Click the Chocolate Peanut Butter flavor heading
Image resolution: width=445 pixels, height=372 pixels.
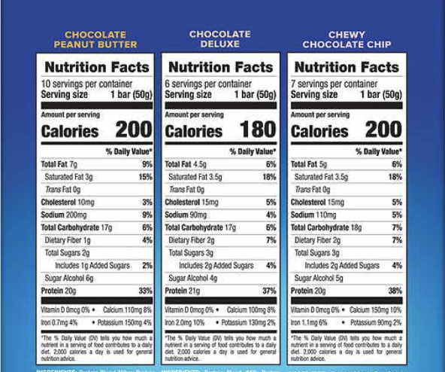[x=95, y=39]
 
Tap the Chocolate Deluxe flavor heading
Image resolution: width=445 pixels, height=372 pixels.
[x=219, y=39]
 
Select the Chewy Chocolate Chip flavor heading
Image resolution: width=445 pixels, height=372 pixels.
[x=347, y=39]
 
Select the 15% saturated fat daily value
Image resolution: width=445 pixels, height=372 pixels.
[x=145, y=176]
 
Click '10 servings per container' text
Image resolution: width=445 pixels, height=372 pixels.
[x=76, y=84]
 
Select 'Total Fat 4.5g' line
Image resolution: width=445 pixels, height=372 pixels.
[x=186, y=163]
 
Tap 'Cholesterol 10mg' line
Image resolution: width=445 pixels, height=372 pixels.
[x=68, y=202]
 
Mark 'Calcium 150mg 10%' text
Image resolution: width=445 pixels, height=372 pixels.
[x=376, y=309]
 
